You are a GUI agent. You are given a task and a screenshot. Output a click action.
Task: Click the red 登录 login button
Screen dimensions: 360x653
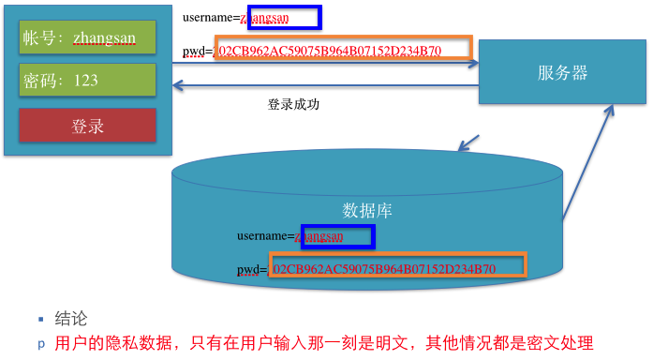(87, 125)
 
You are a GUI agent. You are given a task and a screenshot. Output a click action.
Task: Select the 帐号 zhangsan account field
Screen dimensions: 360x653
(87, 38)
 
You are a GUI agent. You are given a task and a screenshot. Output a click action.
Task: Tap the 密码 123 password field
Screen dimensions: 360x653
(87, 80)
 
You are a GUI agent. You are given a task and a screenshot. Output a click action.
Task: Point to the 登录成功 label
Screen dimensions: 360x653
(293, 104)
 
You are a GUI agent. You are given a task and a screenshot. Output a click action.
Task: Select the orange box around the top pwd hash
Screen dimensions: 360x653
(344, 50)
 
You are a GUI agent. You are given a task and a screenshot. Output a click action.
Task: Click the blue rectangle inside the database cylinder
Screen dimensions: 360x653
(337, 236)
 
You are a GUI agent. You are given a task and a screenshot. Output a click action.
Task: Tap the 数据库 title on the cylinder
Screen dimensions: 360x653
(367, 210)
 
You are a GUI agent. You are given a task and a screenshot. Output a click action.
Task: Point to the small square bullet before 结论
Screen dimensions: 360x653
(41, 319)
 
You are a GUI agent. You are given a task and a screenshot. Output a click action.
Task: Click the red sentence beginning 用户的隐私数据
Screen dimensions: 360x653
(324, 343)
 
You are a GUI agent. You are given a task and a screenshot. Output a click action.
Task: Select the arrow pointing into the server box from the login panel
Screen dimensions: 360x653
(375, 64)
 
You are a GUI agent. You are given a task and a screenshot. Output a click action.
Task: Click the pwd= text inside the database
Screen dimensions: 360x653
(251, 269)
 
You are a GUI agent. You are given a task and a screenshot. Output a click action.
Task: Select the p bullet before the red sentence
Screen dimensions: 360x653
(41, 344)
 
